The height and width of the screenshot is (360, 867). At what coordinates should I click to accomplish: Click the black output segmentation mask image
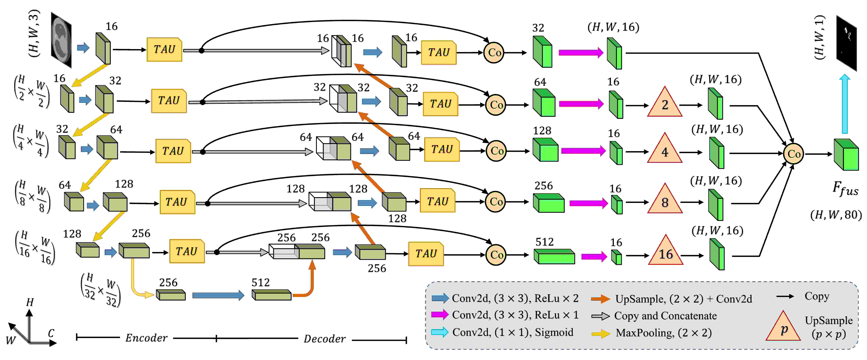point(846,43)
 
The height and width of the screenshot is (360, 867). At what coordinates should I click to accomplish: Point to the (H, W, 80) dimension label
point(836,215)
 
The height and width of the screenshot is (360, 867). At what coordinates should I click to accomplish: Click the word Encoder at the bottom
point(146,338)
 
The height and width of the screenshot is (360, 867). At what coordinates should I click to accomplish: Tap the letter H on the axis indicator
point(30,302)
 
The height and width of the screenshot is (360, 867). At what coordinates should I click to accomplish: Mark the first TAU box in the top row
point(164,49)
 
